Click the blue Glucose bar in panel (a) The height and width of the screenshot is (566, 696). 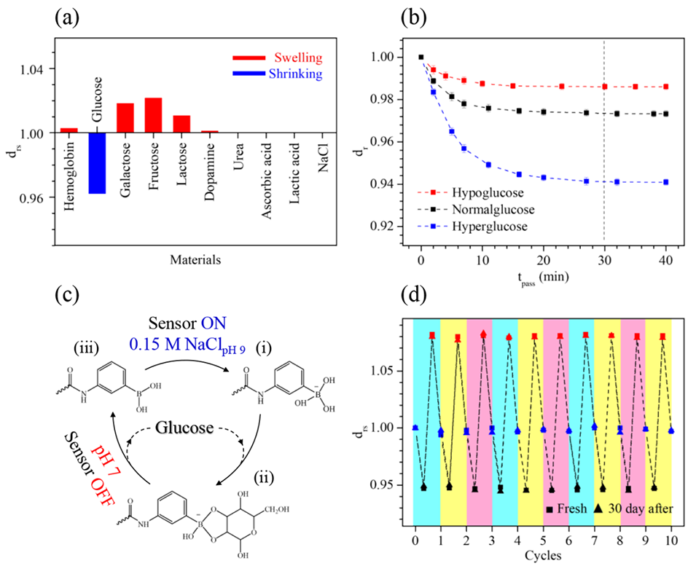[97, 163]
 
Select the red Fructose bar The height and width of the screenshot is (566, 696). [153, 115]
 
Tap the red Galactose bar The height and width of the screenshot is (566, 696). [125, 118]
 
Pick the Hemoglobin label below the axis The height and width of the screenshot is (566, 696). [69, 176]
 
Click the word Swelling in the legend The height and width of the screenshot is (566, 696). [298, 58]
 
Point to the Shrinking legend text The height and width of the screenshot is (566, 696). [296, 74]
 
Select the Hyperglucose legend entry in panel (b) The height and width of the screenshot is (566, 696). [490, 227]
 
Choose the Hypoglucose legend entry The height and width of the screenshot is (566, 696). [488, 192]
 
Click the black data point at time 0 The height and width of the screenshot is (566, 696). [421, 57]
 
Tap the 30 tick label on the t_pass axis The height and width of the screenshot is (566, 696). [604, 260]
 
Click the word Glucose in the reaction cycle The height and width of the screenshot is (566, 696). [184, 428]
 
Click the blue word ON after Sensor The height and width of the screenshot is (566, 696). [214, 323]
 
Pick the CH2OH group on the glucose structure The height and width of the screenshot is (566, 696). [277, 509]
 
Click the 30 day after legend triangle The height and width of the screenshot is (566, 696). [599, 509]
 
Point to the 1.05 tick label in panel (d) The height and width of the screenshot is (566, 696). [383, 371]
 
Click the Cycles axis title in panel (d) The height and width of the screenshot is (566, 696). [543, 555]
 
